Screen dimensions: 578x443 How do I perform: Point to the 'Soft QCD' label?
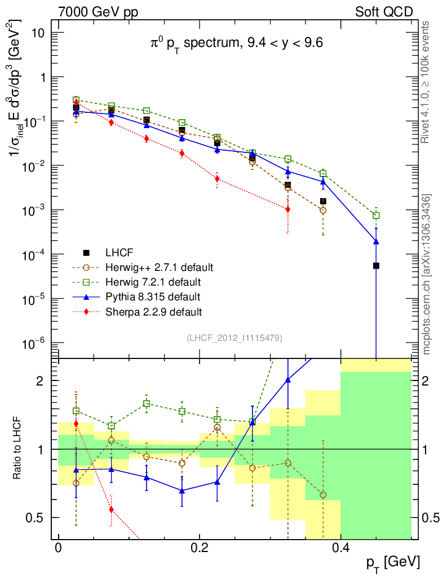(x=384, y=12)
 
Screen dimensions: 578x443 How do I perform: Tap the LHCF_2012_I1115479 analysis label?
(x=234, y=338)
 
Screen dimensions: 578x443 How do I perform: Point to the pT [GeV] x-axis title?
(x=392, y=563)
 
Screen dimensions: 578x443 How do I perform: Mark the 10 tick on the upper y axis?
(x=39, y=33)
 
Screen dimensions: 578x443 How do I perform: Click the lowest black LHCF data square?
(x=376, y=265)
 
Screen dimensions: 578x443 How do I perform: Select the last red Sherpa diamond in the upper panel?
(x=287, y=209)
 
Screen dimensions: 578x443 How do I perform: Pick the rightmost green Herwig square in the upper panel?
(x=376, y=216)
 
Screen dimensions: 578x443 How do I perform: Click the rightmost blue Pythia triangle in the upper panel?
(x=376, y=242)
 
